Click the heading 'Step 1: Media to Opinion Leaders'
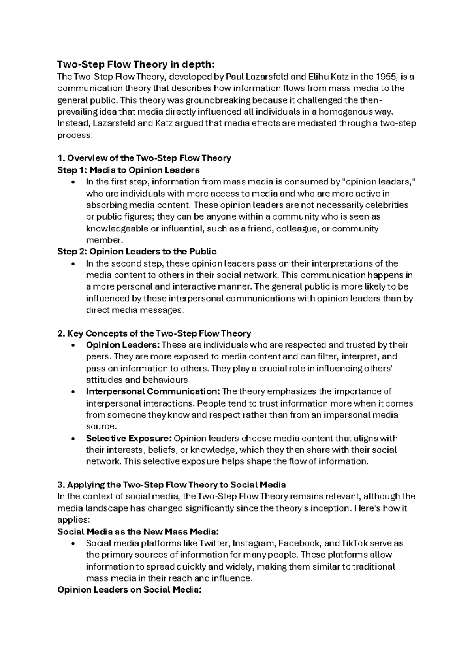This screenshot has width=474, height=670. coord(128,170)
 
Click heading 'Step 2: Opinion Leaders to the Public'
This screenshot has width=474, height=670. coord(137,252)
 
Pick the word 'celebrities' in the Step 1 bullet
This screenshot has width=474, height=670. coord(387,205)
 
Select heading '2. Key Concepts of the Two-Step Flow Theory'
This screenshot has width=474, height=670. coord(154,333)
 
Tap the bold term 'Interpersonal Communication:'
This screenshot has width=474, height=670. coord(153,391)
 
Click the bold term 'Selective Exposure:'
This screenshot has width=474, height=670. coord(129,439)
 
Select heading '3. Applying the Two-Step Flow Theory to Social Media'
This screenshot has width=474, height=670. coord(171,485)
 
